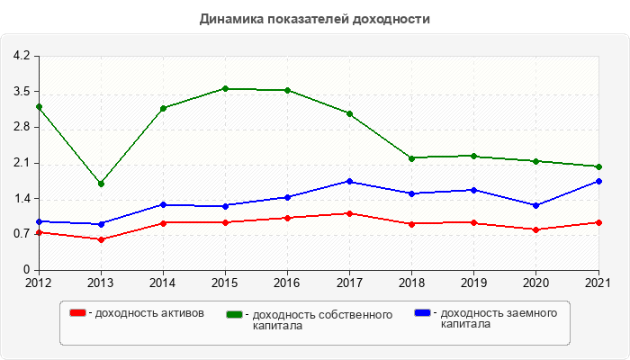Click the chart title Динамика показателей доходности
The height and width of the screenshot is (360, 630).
coord(314,19)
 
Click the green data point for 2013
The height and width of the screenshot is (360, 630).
coord(101,184)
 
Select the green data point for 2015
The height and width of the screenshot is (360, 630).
coord(225,88)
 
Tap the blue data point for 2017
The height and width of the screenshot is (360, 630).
coord(349,181)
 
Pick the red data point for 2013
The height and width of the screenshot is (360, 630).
coord(101,239)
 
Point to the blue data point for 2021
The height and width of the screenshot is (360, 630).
coord(598,181)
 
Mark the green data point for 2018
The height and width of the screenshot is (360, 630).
coord(411,158)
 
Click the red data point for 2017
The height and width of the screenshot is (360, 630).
coord(349,213)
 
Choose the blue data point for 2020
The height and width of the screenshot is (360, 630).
coord(536,205)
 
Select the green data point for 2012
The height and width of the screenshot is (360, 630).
coord(39,107)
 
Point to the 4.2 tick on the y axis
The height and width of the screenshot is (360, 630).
coord(22,56)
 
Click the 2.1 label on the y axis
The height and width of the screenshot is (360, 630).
coord(22,163)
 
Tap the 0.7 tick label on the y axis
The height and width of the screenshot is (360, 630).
coord(22,234)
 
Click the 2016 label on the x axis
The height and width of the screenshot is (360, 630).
coord(287,283)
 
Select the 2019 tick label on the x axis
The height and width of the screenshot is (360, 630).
coord(473,283)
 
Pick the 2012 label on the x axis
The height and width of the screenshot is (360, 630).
coord(39,283)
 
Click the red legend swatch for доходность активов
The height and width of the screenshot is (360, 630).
coord(78,313)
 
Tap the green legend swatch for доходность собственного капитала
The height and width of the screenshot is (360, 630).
coord(235,314)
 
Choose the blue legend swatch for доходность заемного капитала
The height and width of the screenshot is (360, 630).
coord(422,313)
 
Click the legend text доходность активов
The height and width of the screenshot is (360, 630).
coord(149,313)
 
